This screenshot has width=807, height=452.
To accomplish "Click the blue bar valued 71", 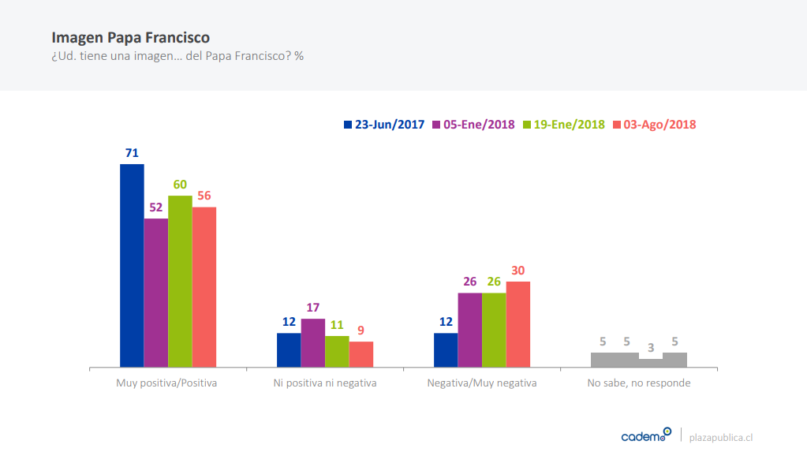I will click(x=132, y=266).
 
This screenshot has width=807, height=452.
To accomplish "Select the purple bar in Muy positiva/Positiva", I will click(x=155, y=293).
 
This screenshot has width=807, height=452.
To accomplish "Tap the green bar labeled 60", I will click(x=180, y=282).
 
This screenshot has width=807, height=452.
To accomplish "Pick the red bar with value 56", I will click(x=204, y=287).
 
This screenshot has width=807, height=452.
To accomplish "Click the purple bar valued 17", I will click(x=312, y=343).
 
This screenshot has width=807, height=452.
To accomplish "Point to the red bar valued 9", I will click(x=361, y=354).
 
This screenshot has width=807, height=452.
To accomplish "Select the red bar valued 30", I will click(x=518, y=324).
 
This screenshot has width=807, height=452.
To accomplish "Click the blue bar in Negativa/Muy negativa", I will click(x=446, y=350).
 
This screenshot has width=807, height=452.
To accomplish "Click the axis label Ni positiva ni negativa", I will click(x=324, y=383).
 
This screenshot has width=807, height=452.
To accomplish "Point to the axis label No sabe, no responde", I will click(x=639, y=383).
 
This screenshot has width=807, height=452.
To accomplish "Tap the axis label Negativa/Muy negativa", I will click(x=481, y=383).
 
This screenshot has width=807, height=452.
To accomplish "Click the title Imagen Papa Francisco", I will click(x=130, y=37).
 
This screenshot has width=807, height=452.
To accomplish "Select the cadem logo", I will click(x=646, y=435).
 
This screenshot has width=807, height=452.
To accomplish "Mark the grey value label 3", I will click(x=650, y=348).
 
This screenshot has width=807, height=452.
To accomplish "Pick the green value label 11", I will click(x=337, y=324).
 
